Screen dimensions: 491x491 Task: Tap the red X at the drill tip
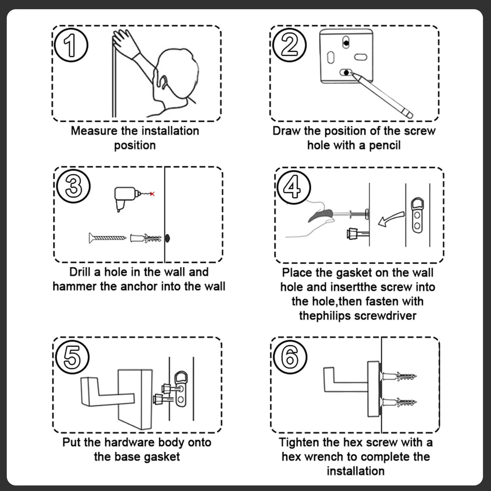coord(152,194)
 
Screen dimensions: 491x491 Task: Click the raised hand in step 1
coord(124,42)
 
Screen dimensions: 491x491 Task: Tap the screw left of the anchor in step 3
coord(107,237)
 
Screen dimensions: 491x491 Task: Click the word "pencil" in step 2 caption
coord(384,145)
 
